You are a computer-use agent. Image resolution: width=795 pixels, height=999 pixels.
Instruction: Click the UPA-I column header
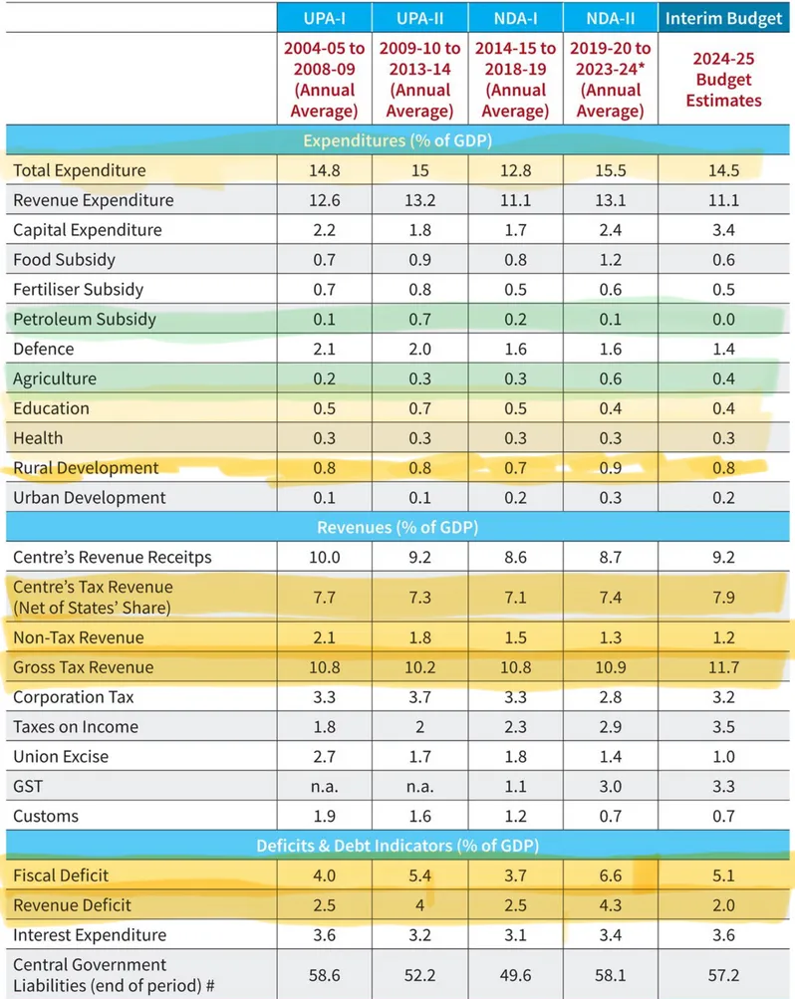coord(325,17)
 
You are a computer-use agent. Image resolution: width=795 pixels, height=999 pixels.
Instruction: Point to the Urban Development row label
coord(89,497)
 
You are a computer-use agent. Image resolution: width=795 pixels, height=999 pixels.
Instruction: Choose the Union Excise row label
coord(61,756)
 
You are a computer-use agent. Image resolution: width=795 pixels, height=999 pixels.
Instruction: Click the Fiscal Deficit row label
coord(61,875)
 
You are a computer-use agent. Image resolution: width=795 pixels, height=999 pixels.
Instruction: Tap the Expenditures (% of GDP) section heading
coord(398,140)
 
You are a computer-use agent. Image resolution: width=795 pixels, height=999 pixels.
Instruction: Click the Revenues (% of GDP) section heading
coord(398,527)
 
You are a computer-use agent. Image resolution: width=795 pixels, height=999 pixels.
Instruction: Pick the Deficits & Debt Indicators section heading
coord(398,846)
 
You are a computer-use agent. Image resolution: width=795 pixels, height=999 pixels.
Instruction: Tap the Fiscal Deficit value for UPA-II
coord(419,875)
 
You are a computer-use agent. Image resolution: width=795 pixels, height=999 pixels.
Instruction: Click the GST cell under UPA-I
coord(325,786)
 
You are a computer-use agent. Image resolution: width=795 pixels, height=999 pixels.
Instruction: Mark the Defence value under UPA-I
coord(325,349)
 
